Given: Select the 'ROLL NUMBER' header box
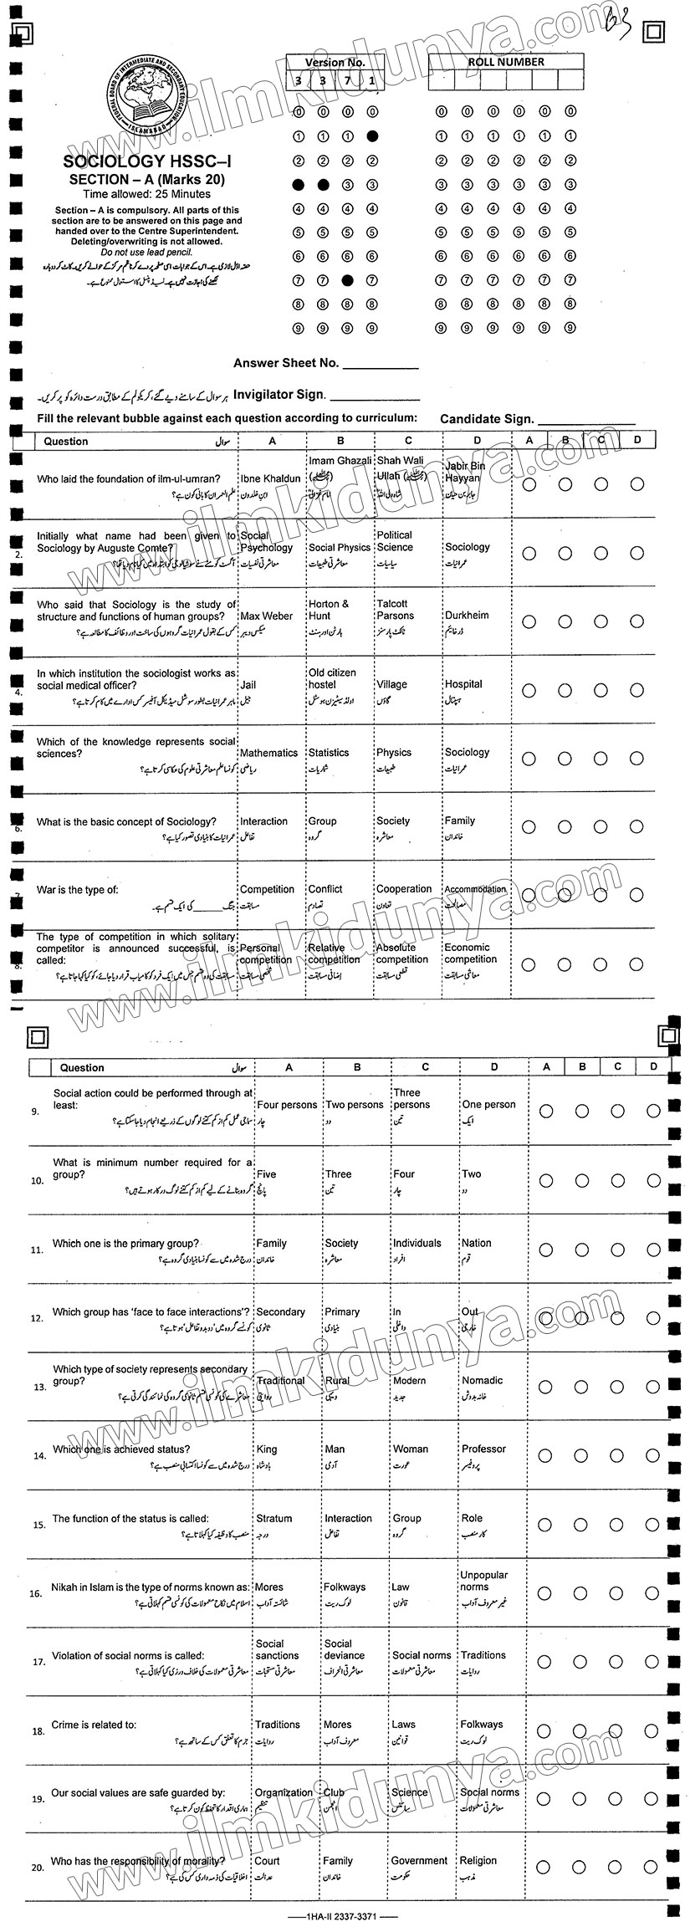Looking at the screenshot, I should click(x=506, y=62).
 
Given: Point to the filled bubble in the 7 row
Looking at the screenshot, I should click(x=349, y=280).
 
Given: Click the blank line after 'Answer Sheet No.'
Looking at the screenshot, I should click(x=380, y=366).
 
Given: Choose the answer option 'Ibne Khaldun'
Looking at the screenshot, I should click(x=269, y=479).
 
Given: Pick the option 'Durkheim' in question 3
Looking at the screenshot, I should click(x=467, y=616).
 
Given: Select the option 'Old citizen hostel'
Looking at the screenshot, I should click(x=332, y=678).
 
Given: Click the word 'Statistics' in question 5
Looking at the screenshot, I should click(x=329, y=753).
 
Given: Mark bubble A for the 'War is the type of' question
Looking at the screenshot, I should click(x=529, y=896).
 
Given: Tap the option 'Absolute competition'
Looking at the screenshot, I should click(x=401, y=953).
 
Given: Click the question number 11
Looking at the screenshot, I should click(x=36, y=1250).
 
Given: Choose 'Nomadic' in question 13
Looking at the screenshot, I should click(x=483, y=1381).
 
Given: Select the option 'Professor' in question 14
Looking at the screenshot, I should click(x=484, y=1449).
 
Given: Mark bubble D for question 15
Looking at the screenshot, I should click(x=652, y=1524).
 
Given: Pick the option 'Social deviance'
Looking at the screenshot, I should click(x=345, y=1649).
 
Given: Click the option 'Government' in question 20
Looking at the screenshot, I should click(x=419, y=1861).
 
